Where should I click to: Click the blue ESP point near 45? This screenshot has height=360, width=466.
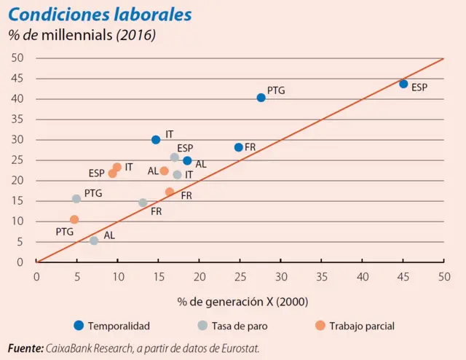pyautogui.click(x=403, y=84)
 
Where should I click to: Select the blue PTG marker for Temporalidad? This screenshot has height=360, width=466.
pyautogui.click(x=261, y=98)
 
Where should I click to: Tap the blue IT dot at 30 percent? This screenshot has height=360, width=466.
pyautogui.click(x=156, y=140)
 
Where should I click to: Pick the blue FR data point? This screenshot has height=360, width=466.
pyautogui.click(x=239, y=147)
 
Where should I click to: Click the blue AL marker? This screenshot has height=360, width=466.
pyautogui.click(x=187, y=161)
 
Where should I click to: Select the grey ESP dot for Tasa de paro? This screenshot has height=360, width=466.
pyautogui.click(x=175, y=157)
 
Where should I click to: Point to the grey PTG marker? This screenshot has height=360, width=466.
pyautogui.click(x=76, y=199)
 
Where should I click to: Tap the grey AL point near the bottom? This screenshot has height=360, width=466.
pyautogui.click(x=94, y=240)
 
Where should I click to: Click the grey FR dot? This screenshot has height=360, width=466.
pyautogui.click(x=143, y=203)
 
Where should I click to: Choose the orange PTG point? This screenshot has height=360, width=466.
pyautogui.click(x=74, y=219)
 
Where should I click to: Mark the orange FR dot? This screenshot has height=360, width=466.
pyautogui.click(x=170, y=192)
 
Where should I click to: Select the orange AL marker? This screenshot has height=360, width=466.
pyautogui.click(x=165, y=171)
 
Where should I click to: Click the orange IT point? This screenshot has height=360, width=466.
pyautogui.click(x=117, y=168)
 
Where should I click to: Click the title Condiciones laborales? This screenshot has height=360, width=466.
pyautogui.click(x=100, y=14)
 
